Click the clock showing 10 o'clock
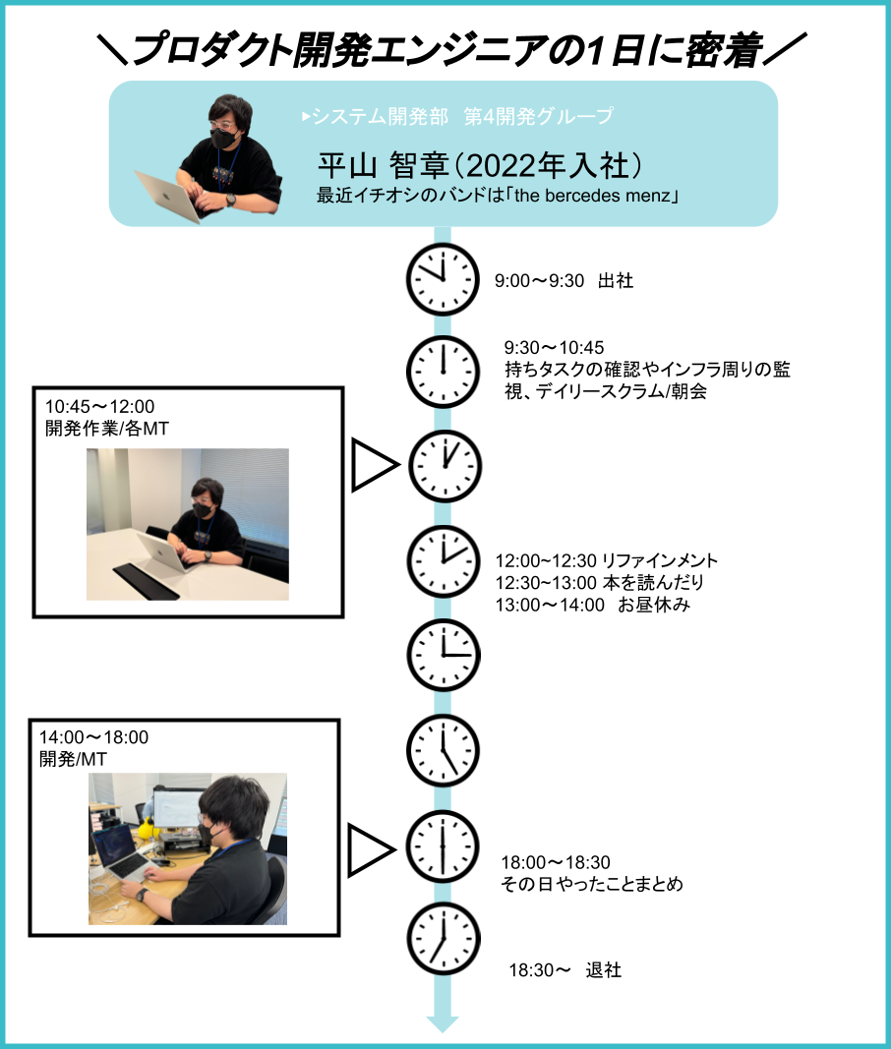[443, 279]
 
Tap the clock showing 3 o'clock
[444, 655]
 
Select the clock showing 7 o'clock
[444, 939]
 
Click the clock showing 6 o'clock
[443, 846]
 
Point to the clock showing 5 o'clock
[443, 751]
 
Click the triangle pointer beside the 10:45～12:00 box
[376, 465]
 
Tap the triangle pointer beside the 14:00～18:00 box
[372, 850]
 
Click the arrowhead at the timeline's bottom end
[443, 1024]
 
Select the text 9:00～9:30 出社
[564, 280]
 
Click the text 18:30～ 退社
[565, 970]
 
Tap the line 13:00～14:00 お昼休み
[592, 605]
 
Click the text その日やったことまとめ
[592, 885]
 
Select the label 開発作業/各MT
[107, 429]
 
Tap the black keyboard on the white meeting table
[146, 580]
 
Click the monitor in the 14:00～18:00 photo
[177, 809]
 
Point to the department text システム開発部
[381, 116]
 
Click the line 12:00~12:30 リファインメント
[607, 560]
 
